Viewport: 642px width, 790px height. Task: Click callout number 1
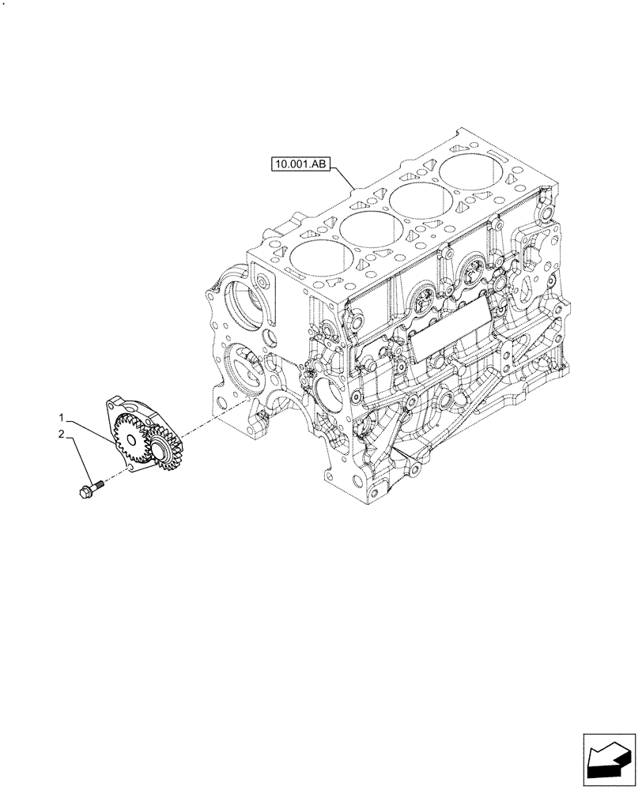click(60, 416)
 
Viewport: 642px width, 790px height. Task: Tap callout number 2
click(60, 434)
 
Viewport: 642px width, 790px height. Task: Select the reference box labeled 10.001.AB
click(301, 165)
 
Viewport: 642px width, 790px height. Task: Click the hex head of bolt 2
click(85, 492)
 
